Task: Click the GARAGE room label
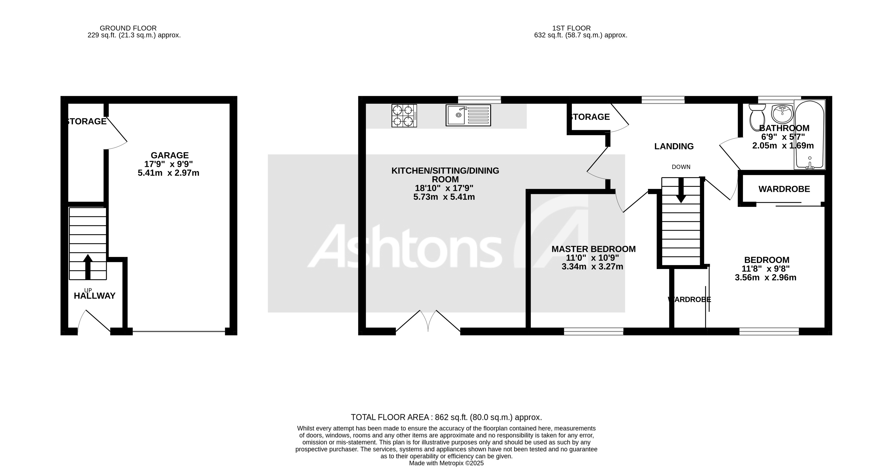point(170,155)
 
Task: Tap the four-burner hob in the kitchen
point(404,116)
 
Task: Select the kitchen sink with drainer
point(468,115)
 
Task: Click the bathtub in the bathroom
point(809,135)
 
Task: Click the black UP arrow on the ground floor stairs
point(88,267)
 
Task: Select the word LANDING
point(674,146)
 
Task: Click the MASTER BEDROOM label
point(593,249)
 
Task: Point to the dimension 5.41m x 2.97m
point(169,173)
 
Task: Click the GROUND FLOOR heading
point(128,28)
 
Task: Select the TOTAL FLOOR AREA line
point(446,417)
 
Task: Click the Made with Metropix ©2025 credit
point(446,463)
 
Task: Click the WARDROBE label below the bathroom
point(784,189)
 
